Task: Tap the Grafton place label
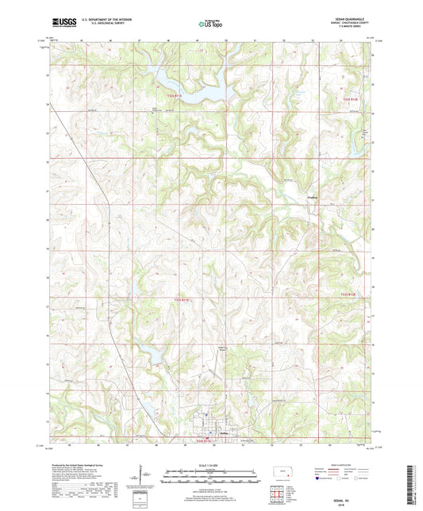click(x=313, y=197)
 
